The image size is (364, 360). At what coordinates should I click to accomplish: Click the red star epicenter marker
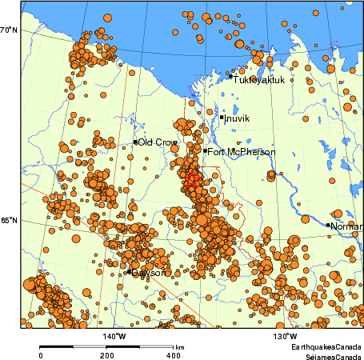pos(191,182)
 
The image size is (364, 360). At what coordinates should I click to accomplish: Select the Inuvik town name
pos(238,118)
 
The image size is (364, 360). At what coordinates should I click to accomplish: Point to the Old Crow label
pos(158,142)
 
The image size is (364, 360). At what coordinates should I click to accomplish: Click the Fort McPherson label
pos(242,151)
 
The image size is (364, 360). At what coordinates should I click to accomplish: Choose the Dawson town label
pos(150,273)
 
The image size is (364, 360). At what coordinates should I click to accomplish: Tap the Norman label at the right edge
pos(347,226)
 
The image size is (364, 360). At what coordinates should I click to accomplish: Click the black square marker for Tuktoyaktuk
pos(230,77)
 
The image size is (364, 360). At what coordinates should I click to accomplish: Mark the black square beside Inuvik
pos(222,118)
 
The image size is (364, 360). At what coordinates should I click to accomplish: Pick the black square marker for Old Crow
pos(135,142)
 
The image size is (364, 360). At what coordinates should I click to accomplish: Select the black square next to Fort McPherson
pos(205,150)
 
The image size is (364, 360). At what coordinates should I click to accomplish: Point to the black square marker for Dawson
pos(129,271)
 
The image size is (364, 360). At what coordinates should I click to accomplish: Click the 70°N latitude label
pos(9,30)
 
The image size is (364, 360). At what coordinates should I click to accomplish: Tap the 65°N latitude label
pos(9,221)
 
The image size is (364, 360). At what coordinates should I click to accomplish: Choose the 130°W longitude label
pos(286,337)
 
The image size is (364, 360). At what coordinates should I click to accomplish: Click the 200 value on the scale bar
pos(107,354)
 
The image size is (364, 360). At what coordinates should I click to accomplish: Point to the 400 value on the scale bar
pos(173,354)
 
